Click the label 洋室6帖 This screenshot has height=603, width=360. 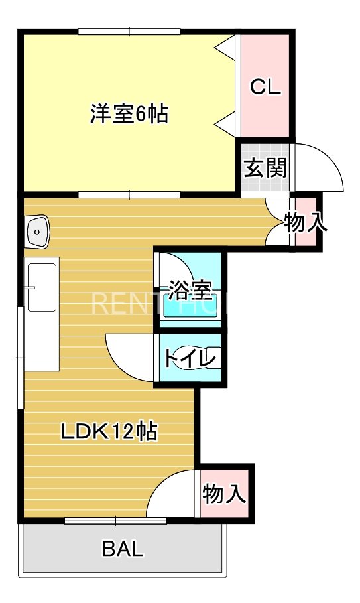tap(129, 114)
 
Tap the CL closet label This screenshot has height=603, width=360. tap(265, 87)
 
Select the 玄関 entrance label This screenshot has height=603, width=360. tap(265, 168)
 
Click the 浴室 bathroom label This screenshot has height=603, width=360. tap(189, 289)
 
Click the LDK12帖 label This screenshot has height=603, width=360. tap(109, 432)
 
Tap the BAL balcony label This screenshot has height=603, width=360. tap(123, 549)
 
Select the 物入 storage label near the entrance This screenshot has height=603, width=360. tap(306, 223)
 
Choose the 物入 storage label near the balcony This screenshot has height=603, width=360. tap(224, 494)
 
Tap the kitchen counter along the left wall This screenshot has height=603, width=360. tap(42, 315)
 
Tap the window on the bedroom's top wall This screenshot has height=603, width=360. tap(129, 31)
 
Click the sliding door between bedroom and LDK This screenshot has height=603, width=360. tap(129, 194)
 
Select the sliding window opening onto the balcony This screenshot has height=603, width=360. tap(116, 521)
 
